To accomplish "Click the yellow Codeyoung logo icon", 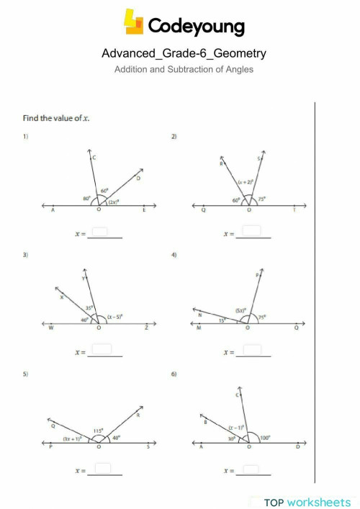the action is tap(134, 22).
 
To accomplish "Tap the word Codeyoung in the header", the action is tap(196, 27).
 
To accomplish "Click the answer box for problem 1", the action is tap(101, 232).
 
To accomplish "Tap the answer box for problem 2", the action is tap(251, 231).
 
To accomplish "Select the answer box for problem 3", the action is tap(103, 351).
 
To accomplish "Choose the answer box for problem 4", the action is tap(251, 351).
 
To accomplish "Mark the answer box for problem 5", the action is tap(103, 469).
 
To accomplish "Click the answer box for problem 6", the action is tap(251, 469).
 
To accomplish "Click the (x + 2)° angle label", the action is tap(246, 184).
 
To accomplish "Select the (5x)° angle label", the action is tap(241, 311).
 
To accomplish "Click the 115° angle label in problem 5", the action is tap(98, 430).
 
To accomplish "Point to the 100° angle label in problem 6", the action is tap(266, 438).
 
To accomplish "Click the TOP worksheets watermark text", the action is tap(307, 502).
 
